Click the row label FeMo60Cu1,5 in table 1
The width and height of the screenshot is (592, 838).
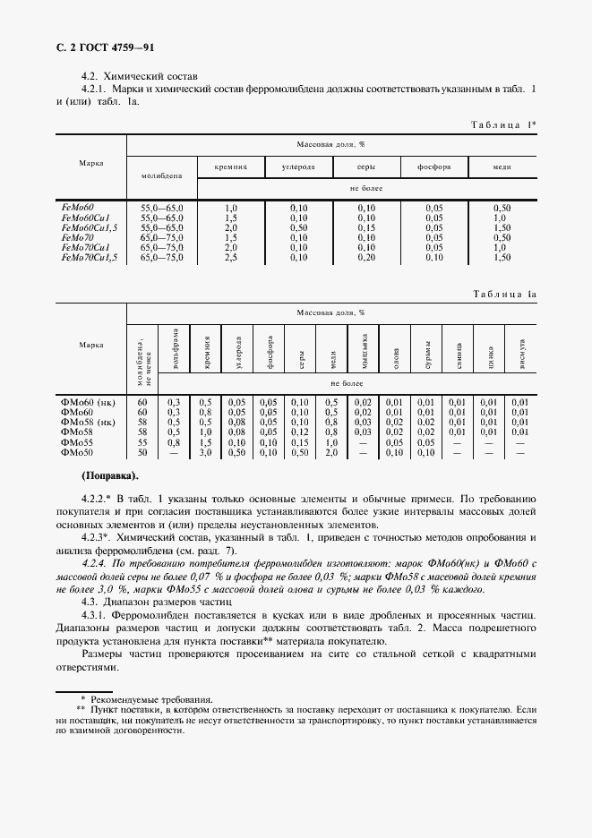[x=90, y=228]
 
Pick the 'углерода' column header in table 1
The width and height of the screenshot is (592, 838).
[x=298, y=167]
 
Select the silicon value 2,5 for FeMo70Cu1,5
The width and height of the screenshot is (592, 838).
[x=231, y=257]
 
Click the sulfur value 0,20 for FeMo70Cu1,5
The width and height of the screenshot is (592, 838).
[x=366, y=257]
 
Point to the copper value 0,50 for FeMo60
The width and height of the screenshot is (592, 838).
[x=502, y=208]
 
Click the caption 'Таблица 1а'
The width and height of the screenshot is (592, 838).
[x=502, y=293]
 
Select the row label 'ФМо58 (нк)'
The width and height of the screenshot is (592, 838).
[x=88, y=422]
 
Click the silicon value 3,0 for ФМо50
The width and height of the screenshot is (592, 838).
[x=206, y=451]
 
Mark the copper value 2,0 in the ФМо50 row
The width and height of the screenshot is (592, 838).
[x=331, y=451]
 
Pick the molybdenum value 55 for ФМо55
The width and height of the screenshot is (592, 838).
[x=142, y=441]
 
